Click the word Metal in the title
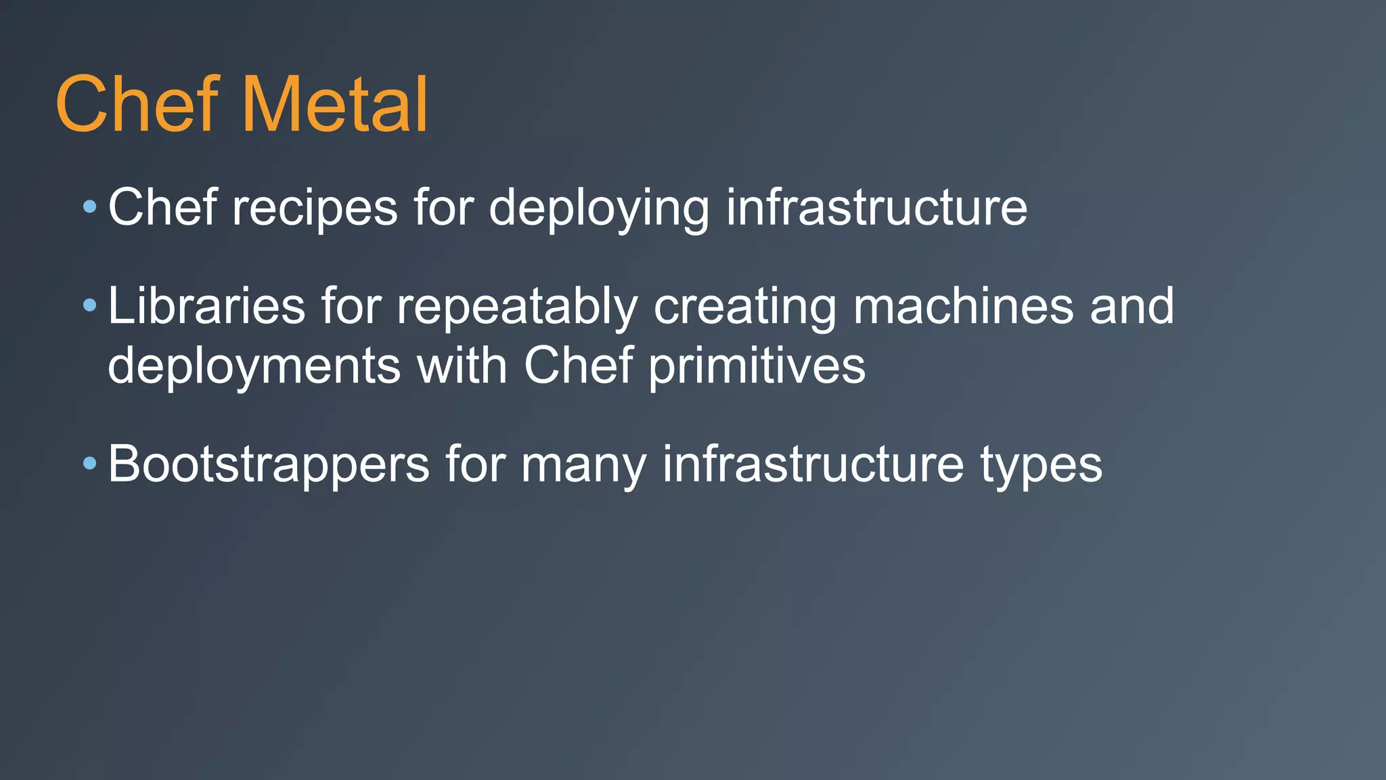(334, 105)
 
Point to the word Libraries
(206, 306)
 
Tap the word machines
(963, 306)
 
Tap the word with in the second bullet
(462, 366)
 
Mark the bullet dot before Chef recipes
(90, 206)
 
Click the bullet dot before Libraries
(90, 305)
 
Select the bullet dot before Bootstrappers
(90, 464)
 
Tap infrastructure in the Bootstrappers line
(813, 465)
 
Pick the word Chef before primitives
(579, 366)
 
